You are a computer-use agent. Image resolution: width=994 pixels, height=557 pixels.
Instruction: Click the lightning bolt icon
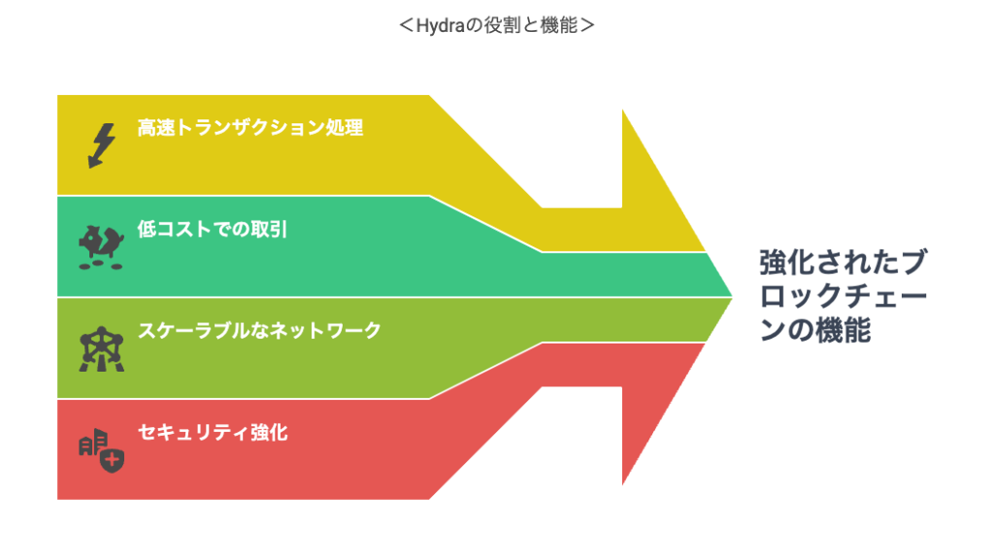101,146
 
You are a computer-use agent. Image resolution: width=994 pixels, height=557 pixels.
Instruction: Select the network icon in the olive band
101,349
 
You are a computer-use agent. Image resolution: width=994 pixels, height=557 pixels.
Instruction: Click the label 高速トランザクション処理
250,128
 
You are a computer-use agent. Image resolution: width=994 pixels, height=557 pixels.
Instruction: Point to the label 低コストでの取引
213,229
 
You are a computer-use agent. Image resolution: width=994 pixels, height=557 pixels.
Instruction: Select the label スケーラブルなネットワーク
259,331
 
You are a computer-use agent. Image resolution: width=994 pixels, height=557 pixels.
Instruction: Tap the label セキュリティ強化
213,433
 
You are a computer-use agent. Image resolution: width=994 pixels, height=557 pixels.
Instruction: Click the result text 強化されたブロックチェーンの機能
844,296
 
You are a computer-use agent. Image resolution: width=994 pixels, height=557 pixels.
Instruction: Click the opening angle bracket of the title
407,26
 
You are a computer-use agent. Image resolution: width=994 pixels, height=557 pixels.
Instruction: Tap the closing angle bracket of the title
587,26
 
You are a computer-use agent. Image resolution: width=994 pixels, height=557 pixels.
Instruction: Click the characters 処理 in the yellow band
345,128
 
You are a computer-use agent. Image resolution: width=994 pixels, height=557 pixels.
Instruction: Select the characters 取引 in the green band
270,229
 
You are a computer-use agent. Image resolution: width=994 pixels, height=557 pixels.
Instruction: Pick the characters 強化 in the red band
270,433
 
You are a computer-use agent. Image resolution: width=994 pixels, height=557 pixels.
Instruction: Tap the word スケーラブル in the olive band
194,331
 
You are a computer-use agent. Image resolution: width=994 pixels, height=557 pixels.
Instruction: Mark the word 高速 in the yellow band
156,128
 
